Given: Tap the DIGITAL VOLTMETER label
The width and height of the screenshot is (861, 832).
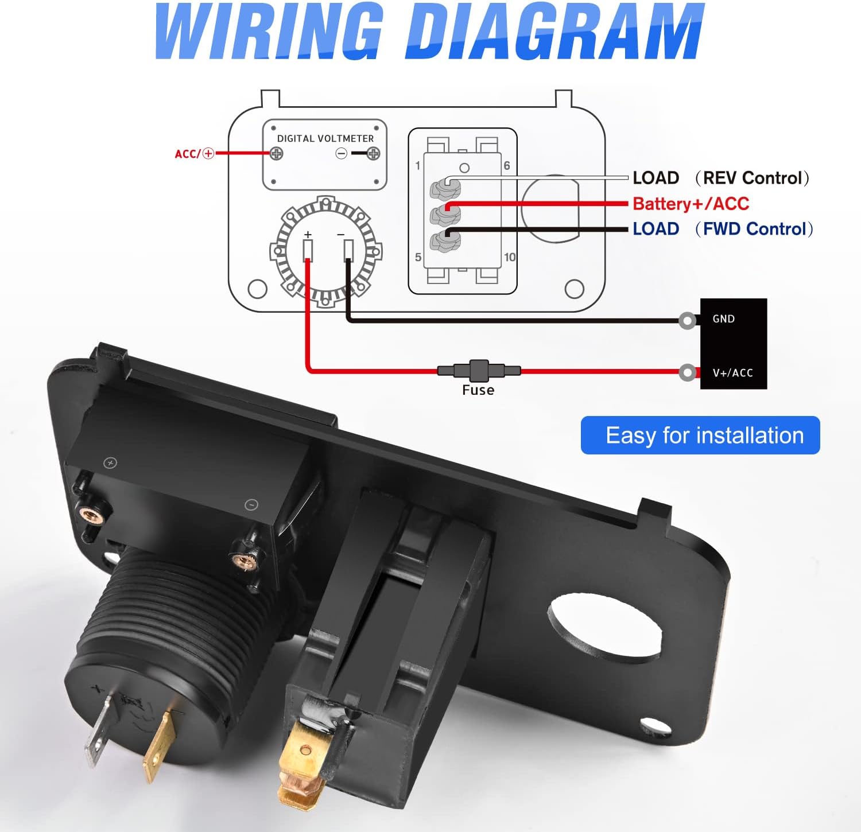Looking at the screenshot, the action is tap(325, 138).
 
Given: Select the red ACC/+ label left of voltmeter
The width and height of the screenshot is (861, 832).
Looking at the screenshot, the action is tap(194, 154).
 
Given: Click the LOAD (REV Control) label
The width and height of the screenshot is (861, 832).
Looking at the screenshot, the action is tap(721, 178).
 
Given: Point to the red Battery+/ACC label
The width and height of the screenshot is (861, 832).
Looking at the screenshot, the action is tap(691, 204).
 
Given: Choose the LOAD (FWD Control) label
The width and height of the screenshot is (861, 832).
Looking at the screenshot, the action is tap(723, 229).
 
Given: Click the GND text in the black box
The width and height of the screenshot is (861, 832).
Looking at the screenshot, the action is tap(723, 319).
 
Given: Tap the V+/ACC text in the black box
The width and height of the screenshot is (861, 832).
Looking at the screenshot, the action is tap(732, 373).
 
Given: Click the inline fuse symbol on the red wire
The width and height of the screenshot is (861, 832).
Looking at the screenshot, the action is tap(479, 371).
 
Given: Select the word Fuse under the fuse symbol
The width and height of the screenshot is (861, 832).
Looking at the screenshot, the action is tap(478, 390).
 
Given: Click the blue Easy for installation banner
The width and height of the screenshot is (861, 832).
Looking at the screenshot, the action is tap(700, 436).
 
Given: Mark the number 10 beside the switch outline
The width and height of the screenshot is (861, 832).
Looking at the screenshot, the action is tap(510, 257).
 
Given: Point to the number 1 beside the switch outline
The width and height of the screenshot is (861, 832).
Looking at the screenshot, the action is tap(418, 166).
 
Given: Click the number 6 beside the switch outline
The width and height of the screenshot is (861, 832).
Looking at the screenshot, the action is tap(507, 166).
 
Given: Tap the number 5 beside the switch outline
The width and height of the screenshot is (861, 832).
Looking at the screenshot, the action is tap(418, 257).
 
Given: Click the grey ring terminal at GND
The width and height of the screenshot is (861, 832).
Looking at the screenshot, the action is tap(688, 320).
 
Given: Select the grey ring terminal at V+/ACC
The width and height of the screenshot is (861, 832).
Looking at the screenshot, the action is tap(688, 373).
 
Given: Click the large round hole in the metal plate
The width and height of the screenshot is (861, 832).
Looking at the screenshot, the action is tap(605, 625).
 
